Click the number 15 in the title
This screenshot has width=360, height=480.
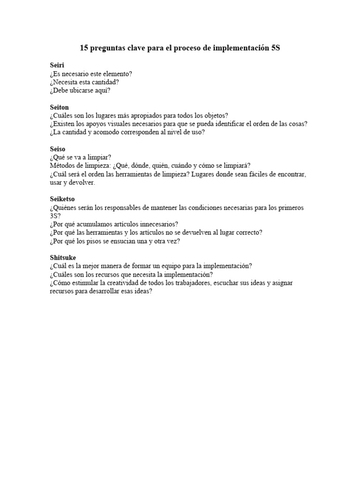(84, 48)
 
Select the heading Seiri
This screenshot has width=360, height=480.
(57, 65)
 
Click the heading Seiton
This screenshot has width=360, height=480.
(59, 107)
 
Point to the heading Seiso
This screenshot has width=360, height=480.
(57, 149)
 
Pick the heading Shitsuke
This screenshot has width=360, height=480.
(63, 257)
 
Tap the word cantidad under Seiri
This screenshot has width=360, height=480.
(104, 82)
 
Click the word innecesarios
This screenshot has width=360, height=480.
(157, 224)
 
